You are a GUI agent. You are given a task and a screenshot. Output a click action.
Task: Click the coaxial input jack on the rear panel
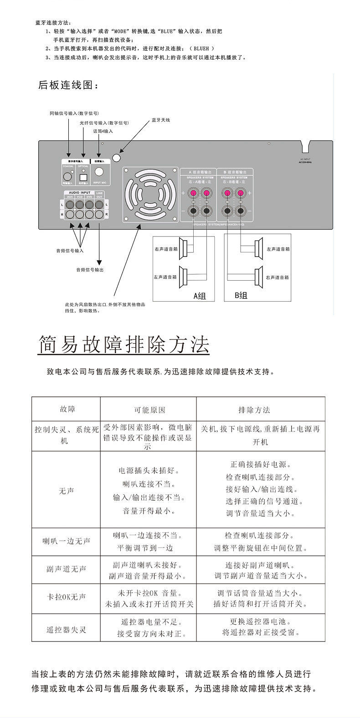click(x=68, y=176)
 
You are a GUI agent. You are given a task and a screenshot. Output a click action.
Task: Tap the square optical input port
click(x=83, y=177)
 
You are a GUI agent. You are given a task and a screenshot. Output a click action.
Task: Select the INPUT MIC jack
click(x=99, y=173)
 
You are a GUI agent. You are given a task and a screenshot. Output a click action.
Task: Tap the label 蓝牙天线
click(x=160, y=120)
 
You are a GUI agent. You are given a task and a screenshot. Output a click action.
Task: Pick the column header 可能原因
click(x=149, y=410)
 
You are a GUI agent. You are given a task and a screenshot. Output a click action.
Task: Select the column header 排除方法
click(x=254, y=410)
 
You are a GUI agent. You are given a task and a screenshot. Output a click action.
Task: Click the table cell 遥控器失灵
click(x=66, y=630)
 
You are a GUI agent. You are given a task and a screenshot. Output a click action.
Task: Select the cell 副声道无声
click(x=66, y=569)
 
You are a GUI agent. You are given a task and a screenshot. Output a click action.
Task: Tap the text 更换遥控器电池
click(x=260, y=621)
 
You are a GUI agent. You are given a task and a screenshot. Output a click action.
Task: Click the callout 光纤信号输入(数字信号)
click(x=104, y=123)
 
